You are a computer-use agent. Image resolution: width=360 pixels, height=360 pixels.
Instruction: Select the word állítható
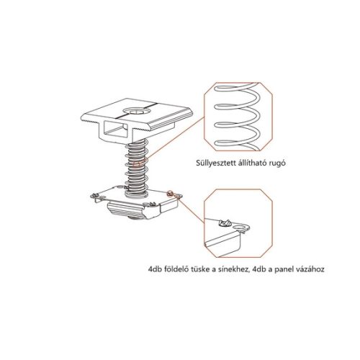[244, 163]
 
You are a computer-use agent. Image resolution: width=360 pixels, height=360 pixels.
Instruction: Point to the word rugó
[274, 163]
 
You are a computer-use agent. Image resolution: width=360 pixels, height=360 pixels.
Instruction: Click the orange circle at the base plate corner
[171, 194]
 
